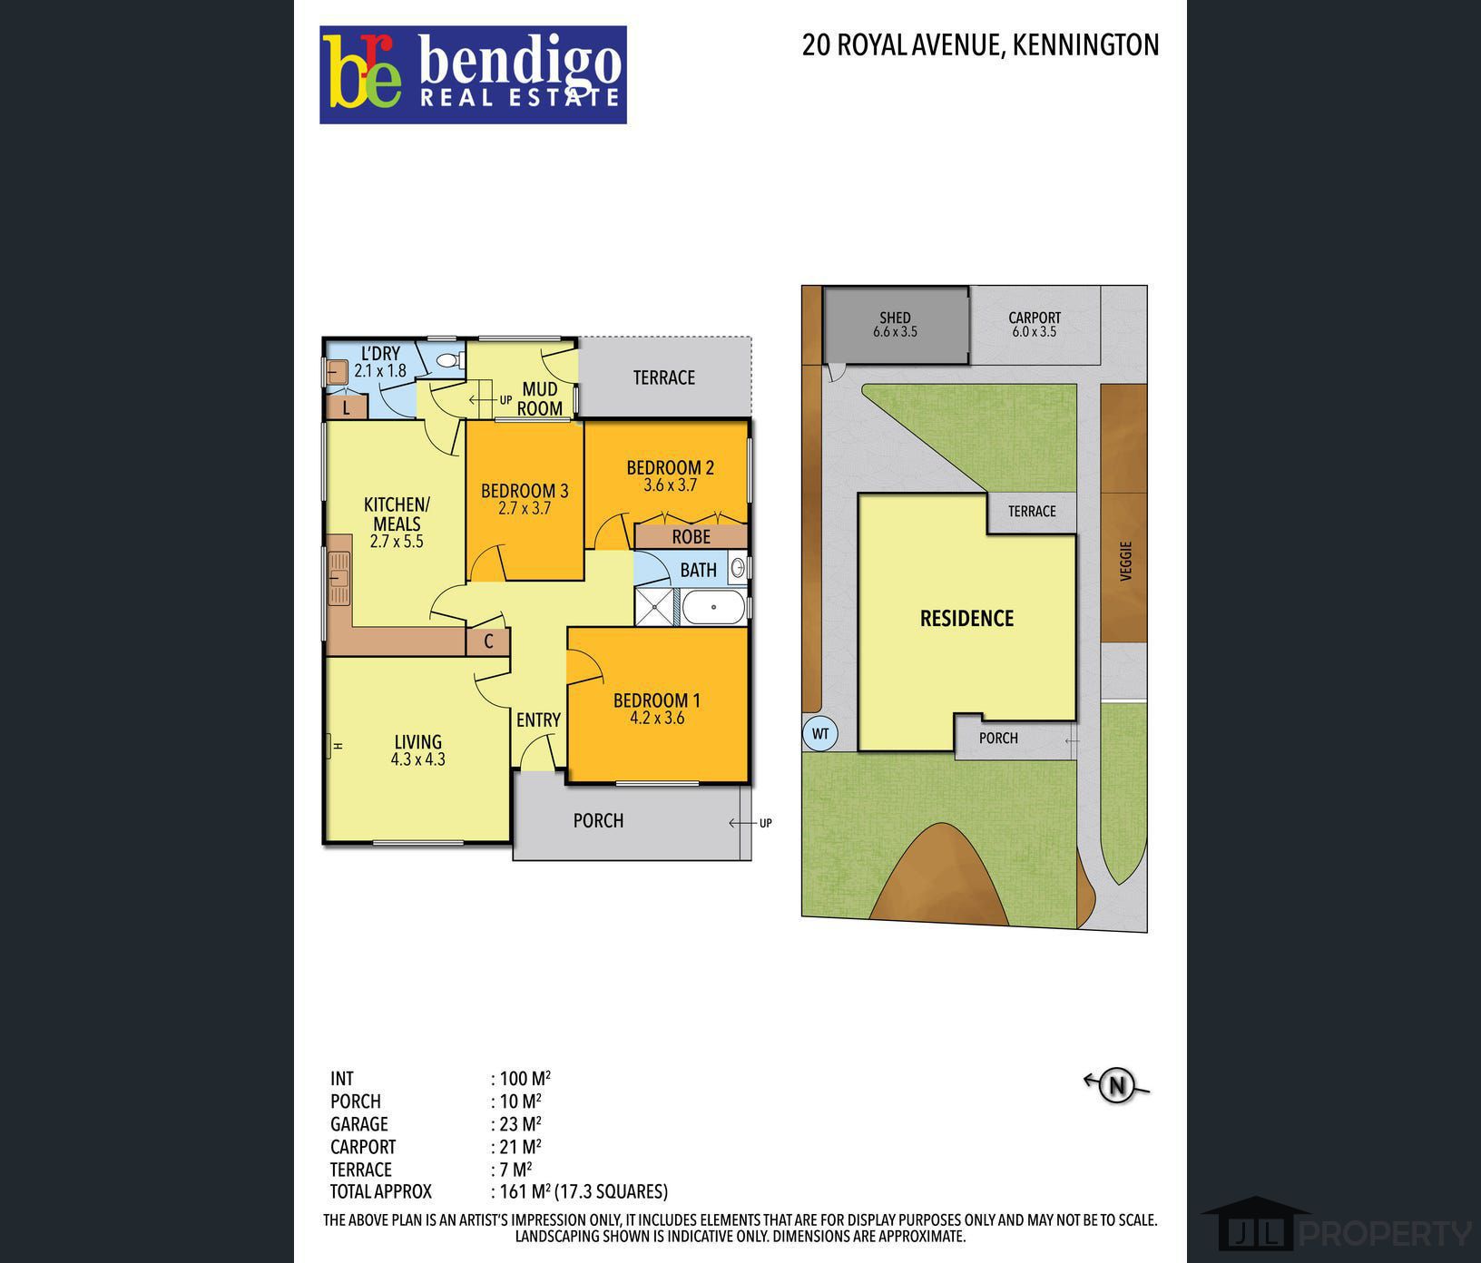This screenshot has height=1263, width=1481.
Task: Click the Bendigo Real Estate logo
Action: tap(473, 74)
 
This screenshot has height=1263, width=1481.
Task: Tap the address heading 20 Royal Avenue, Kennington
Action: tap(980, 45)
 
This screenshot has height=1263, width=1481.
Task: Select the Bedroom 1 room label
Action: tap(657, 700)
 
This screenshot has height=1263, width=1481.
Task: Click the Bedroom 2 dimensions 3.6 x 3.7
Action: tap(671, 485)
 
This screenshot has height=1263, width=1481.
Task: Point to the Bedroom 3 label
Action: tap(525, 491)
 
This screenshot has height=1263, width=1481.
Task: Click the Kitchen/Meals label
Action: tap(397, 514)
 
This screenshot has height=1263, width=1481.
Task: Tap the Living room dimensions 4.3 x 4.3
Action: tap(418, 759)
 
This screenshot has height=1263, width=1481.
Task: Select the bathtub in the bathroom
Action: tap(713, 607)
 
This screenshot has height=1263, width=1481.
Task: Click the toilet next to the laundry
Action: tap(449, 360)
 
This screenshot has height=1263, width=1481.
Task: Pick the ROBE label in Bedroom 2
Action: tap(691, 536)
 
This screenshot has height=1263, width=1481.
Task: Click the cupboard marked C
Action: tap(488, 642)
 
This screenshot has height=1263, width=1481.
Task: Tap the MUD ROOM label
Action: tap(540, 398)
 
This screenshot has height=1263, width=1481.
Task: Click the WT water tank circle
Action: tap(820, 733)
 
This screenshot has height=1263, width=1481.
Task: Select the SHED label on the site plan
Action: tap(895, 318)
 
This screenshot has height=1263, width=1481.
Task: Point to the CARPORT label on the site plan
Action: tap(1035, 318)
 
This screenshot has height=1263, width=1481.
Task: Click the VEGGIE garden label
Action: tap(1126, 561)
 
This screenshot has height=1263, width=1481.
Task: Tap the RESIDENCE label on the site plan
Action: tap(966, 619)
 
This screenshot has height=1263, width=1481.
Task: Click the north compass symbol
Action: tap(1117, 1085)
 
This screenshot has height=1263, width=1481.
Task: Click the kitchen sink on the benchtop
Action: tap(339, 578)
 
